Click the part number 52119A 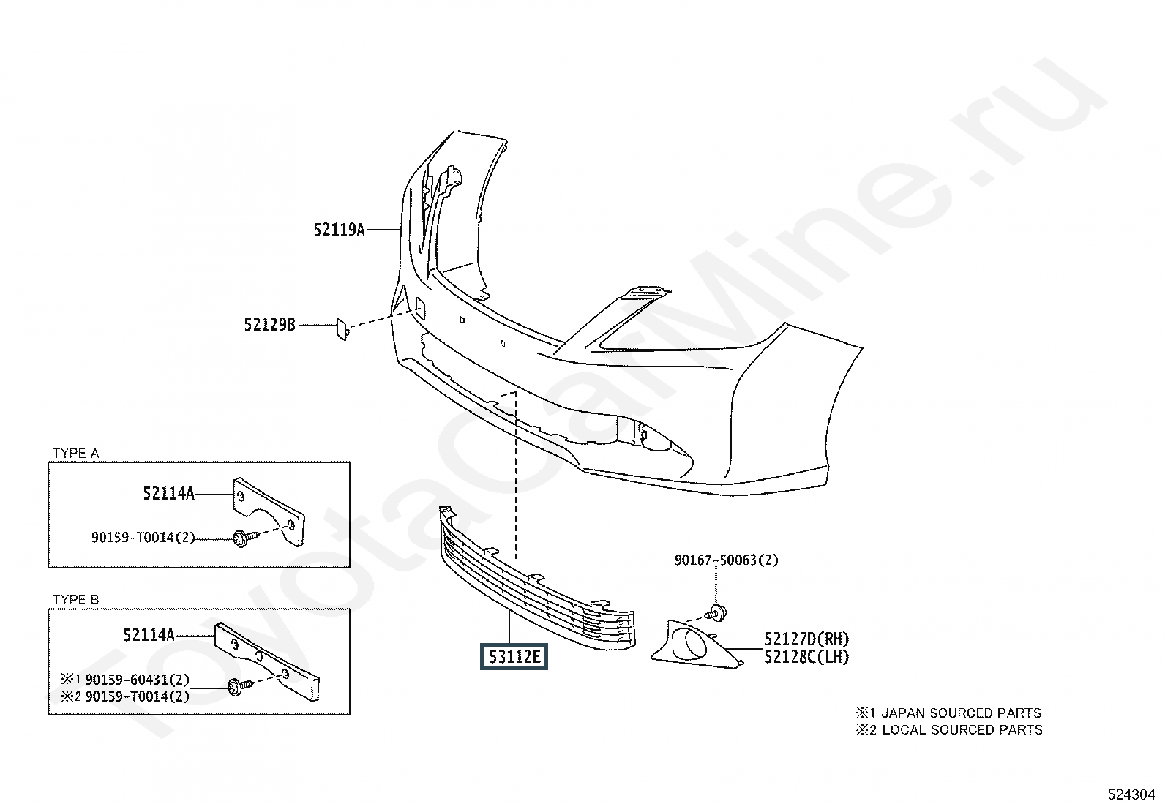[339, 230]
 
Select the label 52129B [270, 324]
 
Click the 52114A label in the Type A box [169, 494]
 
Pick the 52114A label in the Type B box [149, 635]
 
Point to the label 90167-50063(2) [726, 560]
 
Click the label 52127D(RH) [807, 639]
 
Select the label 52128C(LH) [806, 657]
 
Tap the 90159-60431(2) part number [137, 680]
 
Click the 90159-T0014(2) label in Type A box [143, 538]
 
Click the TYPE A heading [75, 454]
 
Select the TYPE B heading [75, 600]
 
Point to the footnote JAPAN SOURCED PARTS [960, 713]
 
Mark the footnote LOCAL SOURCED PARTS [962, 729]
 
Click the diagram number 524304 [1131, 794]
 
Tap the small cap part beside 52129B [342, 329]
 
